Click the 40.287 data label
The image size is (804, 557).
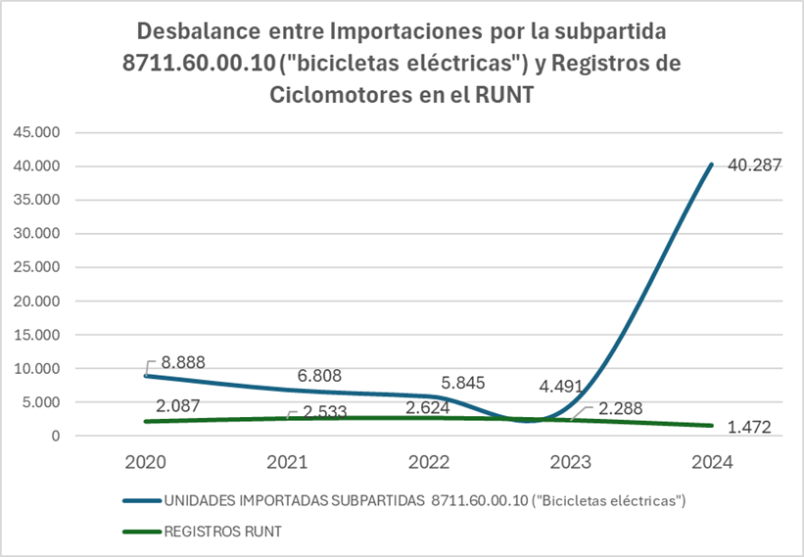pyautogui.click(x=753, y=165)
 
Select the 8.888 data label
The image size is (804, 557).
pyautogui.click(x=182, y=361)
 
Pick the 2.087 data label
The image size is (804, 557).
pyautogui.click(x=182, y=404)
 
